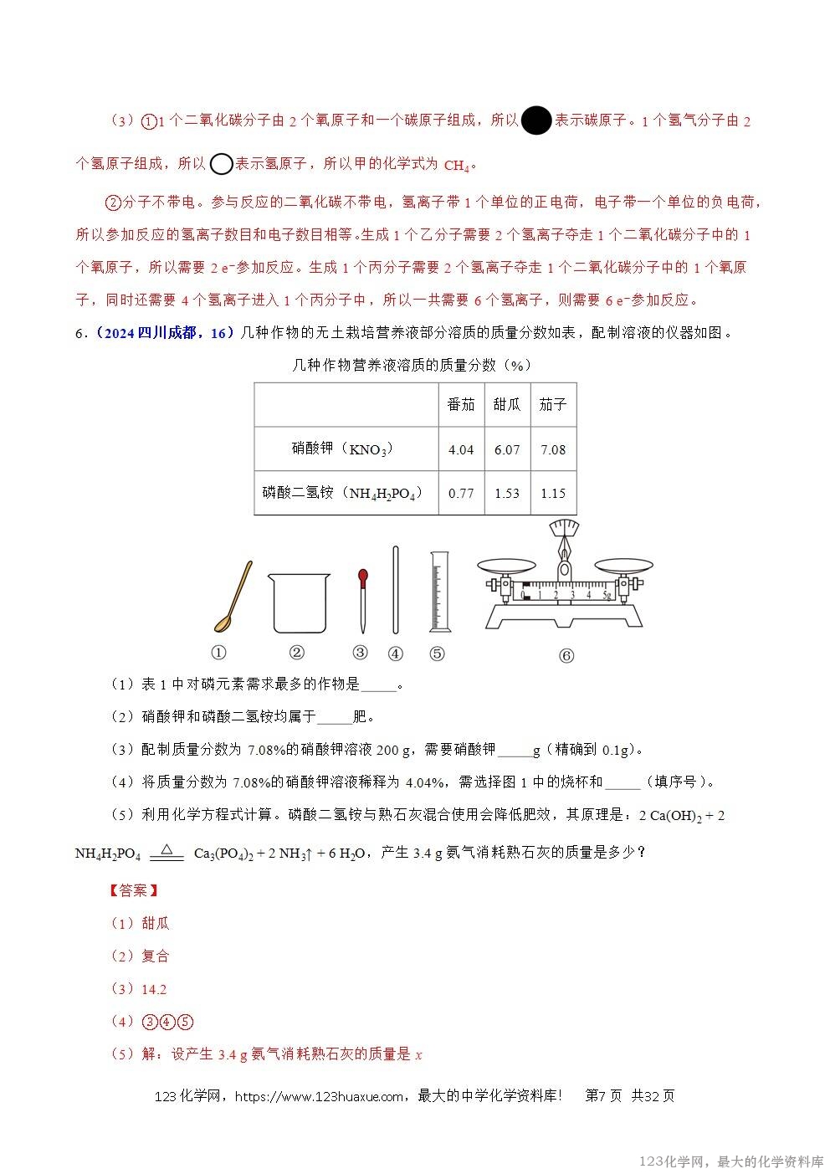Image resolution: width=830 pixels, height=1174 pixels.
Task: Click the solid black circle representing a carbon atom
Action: (536, 121)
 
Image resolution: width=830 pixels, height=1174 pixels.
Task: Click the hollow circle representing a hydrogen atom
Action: (221, 164)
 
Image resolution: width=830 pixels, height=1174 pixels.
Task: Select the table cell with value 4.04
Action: (461, 450)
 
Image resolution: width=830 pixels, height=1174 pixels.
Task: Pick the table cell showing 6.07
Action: (507, 450)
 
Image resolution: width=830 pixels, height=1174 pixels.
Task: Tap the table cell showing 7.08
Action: (553, 450)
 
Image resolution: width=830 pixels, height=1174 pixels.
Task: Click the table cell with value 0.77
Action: (461, 493)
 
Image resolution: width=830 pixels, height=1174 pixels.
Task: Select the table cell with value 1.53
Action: (507, 493)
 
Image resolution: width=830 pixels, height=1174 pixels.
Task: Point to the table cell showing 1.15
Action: (553, 493)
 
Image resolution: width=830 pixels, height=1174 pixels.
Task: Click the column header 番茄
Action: (461, 405)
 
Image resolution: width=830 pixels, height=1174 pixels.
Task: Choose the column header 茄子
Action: (553, 405)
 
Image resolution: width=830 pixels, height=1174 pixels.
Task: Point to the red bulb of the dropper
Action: (362, 576)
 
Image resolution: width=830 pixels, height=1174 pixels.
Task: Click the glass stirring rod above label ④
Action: (396, 591)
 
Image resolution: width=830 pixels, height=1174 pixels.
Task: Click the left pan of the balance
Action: (505, 566)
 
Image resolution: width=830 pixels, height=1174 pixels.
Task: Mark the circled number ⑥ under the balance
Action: (566, 656)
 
